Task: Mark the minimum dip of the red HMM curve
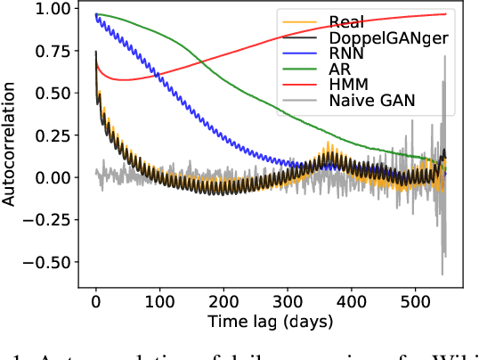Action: tap(125, 80)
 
